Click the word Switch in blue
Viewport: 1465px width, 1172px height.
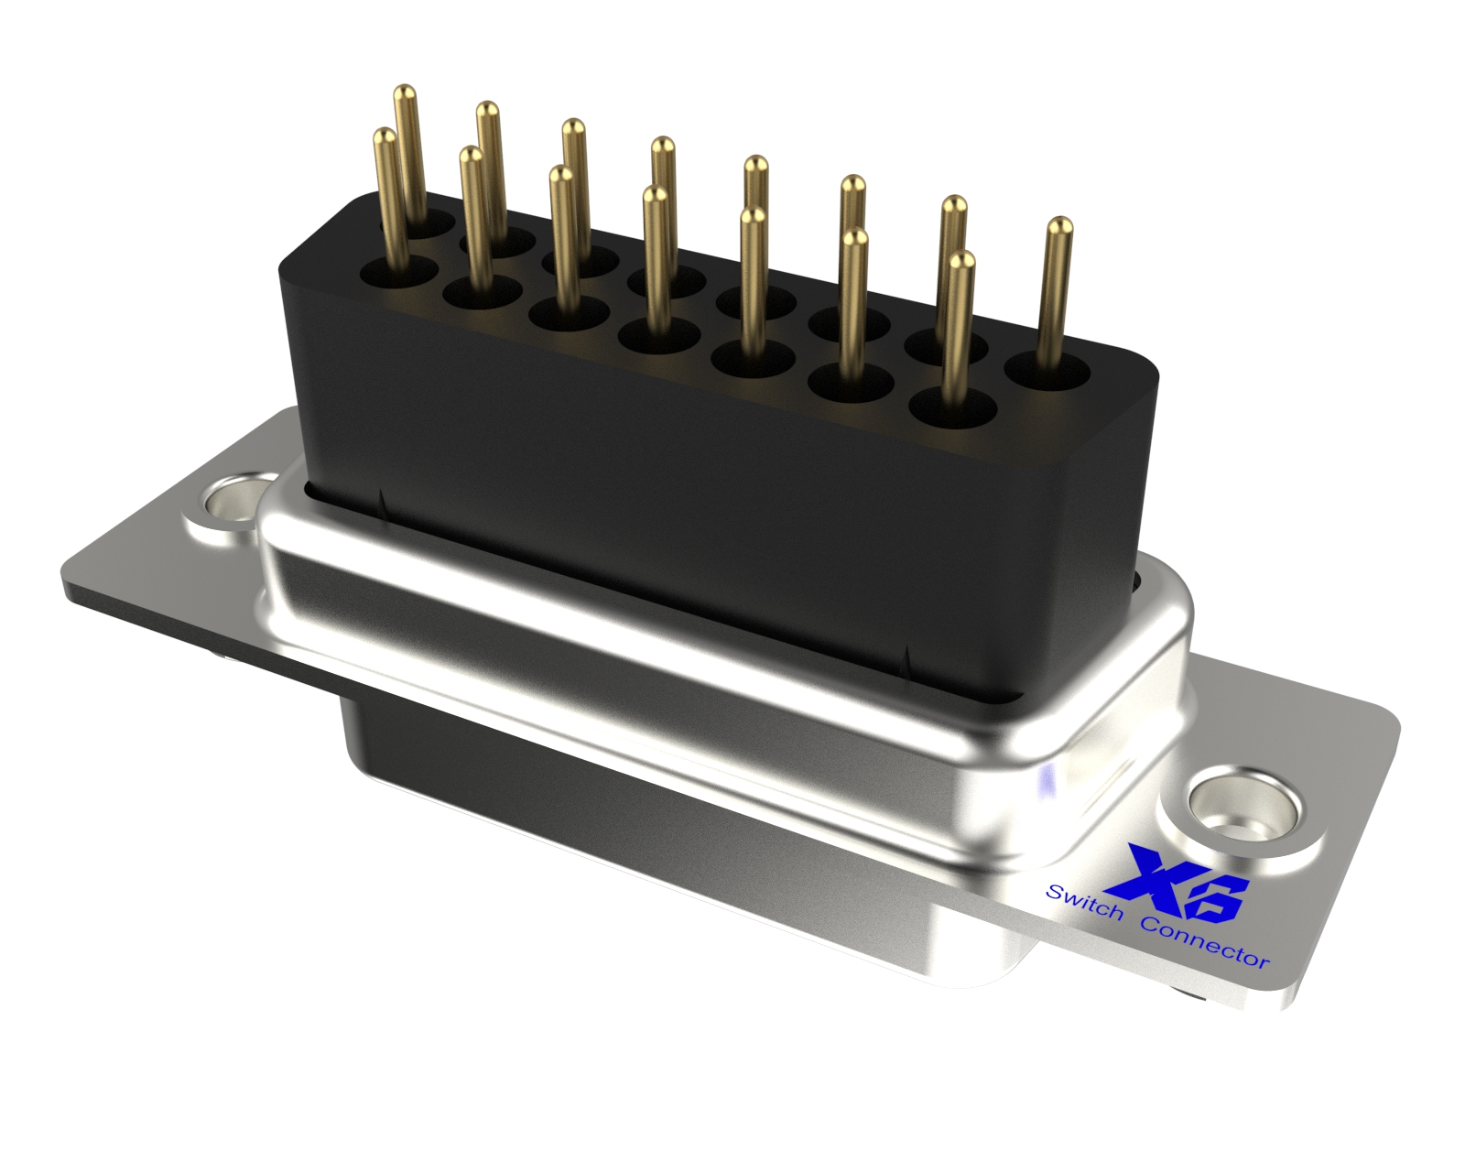point(1086,903)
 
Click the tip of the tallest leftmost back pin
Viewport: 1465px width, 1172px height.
point(405,92)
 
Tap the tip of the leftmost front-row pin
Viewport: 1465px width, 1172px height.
point(385,136)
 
